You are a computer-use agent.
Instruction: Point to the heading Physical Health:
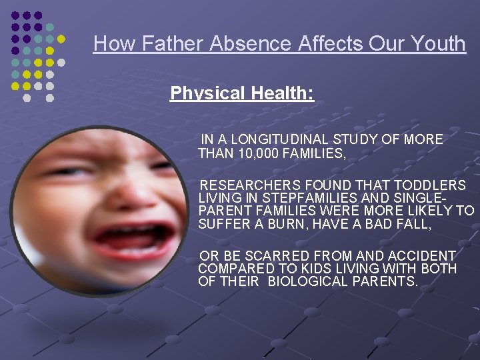[242, 93]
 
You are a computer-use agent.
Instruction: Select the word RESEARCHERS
[252, 185]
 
